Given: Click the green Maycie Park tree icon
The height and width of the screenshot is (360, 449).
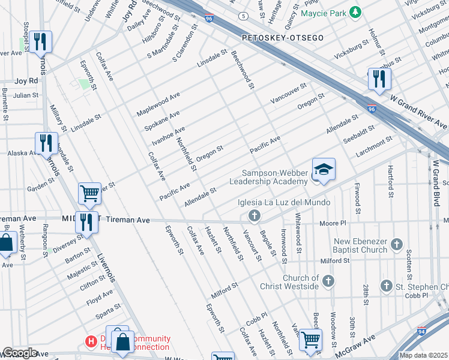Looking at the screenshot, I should click(355, 11).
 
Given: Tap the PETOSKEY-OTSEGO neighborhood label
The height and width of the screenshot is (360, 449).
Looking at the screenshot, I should click(283, 38).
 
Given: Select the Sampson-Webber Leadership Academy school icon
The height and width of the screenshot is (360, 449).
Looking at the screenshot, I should click(323, 170).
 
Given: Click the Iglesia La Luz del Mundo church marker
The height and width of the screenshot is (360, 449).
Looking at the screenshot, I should click(255, 215).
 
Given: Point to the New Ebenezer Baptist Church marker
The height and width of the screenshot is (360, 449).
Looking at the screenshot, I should click(396, 244).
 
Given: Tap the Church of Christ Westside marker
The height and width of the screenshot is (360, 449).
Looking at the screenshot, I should click(328, 281).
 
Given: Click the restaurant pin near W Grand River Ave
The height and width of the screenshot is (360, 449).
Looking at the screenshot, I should click(379, 79).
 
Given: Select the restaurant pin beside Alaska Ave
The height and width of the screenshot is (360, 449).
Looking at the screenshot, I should click(46, 143).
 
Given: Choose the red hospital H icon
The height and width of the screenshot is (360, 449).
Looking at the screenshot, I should click(91, 341).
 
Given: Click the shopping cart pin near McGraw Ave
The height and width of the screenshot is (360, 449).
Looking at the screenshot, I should click(310, 340).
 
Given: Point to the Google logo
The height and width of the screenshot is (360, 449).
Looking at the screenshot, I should click(19, 353).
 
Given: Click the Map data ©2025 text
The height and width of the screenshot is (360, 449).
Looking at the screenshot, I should click(423, 355).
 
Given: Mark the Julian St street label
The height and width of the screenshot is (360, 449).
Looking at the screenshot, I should click(26, 95).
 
